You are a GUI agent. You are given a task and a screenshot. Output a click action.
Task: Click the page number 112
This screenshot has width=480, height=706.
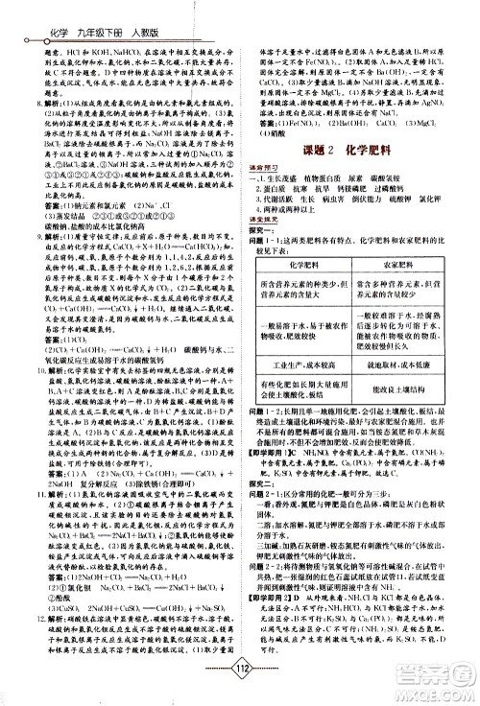click(239, 670)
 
